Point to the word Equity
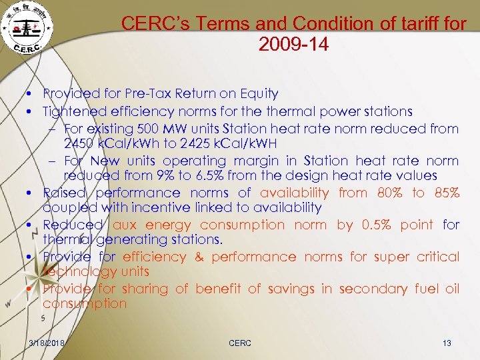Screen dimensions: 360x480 point(257,94)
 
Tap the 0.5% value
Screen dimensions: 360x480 point(377,225)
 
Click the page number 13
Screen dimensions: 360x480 point(447,343)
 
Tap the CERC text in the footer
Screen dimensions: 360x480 point(240,343)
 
